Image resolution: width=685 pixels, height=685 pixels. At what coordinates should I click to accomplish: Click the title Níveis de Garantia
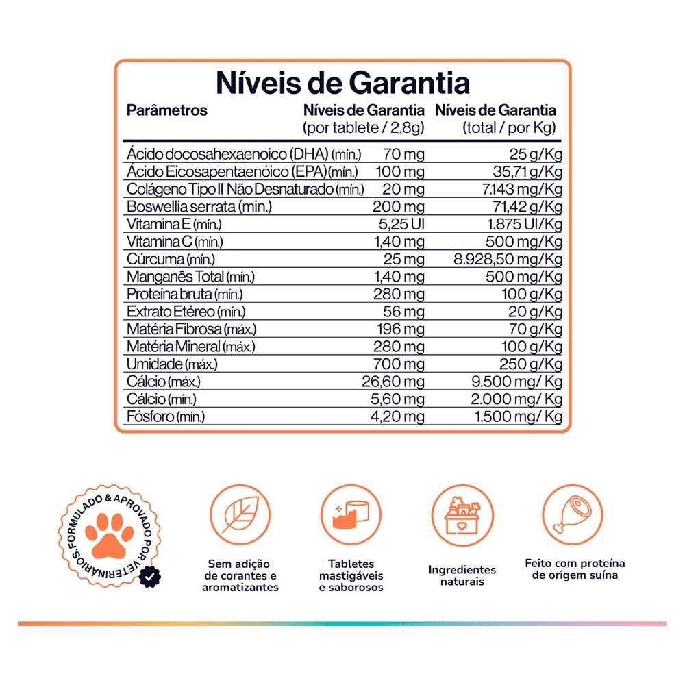point(342,83)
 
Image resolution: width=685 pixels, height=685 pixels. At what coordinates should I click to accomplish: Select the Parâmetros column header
point(167,110)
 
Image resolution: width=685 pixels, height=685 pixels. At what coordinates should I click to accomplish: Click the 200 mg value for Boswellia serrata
point(399,206)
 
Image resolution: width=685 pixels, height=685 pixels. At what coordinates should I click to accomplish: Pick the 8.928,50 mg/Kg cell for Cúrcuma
point(508,259)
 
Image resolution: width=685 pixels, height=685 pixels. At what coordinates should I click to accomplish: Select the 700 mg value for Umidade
point(399,364)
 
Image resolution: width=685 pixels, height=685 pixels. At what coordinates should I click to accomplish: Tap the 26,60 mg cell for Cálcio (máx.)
point(393,382)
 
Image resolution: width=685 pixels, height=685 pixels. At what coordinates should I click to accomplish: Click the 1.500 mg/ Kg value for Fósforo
point(519,416)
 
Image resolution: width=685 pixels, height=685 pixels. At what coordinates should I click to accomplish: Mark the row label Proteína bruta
point(184,294)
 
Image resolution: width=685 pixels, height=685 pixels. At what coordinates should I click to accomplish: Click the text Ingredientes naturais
point(462,575)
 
